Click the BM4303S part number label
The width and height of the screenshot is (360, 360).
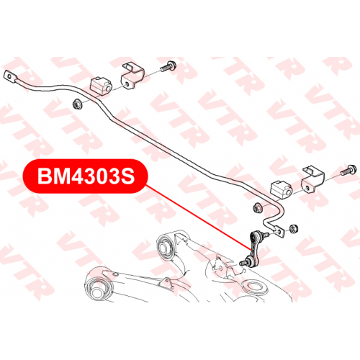pyautogui.click(x=85, y=176)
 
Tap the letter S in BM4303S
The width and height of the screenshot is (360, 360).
pyautogui.click(x=127, y=176)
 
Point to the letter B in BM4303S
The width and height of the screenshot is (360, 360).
pyautogui.click(x=45, y=176)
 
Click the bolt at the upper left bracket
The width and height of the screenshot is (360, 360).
pyautogui.click(x=168, y=66)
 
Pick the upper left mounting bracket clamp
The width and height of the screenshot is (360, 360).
pyautogui.click(x=132, y=76)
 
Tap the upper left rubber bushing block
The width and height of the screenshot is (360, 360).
pyautogui.click(x=101, y=86)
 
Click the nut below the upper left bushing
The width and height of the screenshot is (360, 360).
pyautogui.click(x=78, y=104)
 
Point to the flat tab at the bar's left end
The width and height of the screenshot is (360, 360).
pyautogui.click(x=11, y=76)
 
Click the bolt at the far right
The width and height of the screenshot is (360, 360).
pyautogui.click(x=348, y=170)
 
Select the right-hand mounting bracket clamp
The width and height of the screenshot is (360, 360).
pyautogui.click(x=312, y=179)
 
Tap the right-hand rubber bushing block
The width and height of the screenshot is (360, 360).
pyautogui.click(x=282, y=190)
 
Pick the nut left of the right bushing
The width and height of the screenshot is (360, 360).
pyautogui.click(x=258, y=207)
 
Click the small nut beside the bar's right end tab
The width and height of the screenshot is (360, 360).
pyautogui.click(x=294, y=228)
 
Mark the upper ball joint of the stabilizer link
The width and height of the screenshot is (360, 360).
pyautogui.click(x=256, y=235)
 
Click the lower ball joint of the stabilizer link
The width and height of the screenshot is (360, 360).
pyautogui.click(x=250, y=261)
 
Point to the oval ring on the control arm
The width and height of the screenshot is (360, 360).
pyautogui.click(x=255, y=287)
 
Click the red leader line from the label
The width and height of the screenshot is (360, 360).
pyautogui.click(x=198, y=217)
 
